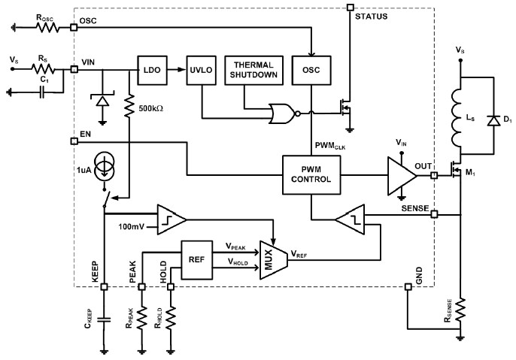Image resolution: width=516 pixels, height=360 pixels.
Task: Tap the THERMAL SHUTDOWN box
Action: (256, 69)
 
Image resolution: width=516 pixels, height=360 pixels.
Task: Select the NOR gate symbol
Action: (284, 115)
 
